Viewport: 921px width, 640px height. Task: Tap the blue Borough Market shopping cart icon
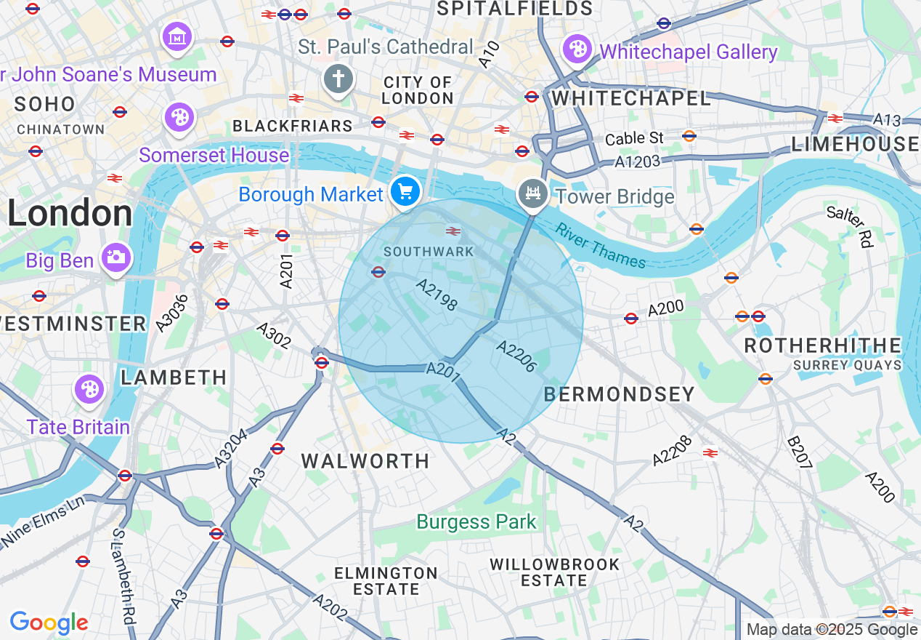pyautogui.click(x=405, y=192)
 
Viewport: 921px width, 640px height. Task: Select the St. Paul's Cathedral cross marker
pyautogui.click(x=338, y=79)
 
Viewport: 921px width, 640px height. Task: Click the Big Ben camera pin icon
pyautogui.click(x=115, y=257)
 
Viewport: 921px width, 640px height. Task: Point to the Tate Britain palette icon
pyautogui.click(x=89, y=389)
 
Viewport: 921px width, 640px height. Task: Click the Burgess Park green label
pyautogui.click(x=476, y=521)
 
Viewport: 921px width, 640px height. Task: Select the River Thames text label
pyautogui.click(x=600, y=246)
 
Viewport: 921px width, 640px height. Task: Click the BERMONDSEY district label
pyautogui.click(x=619, y=394)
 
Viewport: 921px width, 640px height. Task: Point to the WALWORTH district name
pyautogui.click(x=365, y=461)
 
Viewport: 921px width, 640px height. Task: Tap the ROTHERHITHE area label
pyautogui.click(x=822, y=345)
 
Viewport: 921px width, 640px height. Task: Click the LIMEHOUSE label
pyautogui.click(x=855, y=144)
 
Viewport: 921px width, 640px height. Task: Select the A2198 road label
pyautogui.click(x=437, y=294)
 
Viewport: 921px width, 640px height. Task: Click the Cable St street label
pyautogui.click(x=634, y=137)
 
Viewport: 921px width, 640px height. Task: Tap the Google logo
pyautogui.click(x=49, y=623)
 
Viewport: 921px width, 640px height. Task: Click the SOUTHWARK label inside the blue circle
pyautogui.click(x=429, y=252)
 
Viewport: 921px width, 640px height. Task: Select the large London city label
pyautogui.click(x=70, y=214)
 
